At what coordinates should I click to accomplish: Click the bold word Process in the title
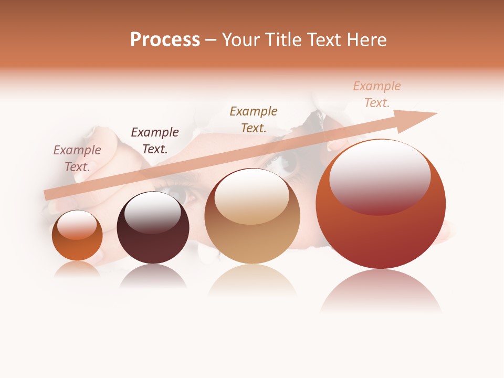(165, 40)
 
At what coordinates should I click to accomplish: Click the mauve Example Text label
(77, 159)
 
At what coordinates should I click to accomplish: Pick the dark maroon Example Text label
(154, 141)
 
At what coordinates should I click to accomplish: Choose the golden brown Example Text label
(253, 119)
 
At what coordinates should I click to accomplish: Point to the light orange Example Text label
(376, 94)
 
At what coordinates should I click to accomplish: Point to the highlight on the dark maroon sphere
(153, 213)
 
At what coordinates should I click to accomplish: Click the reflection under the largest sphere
(381, 291)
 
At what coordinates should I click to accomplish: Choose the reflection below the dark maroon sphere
(153, 276)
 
